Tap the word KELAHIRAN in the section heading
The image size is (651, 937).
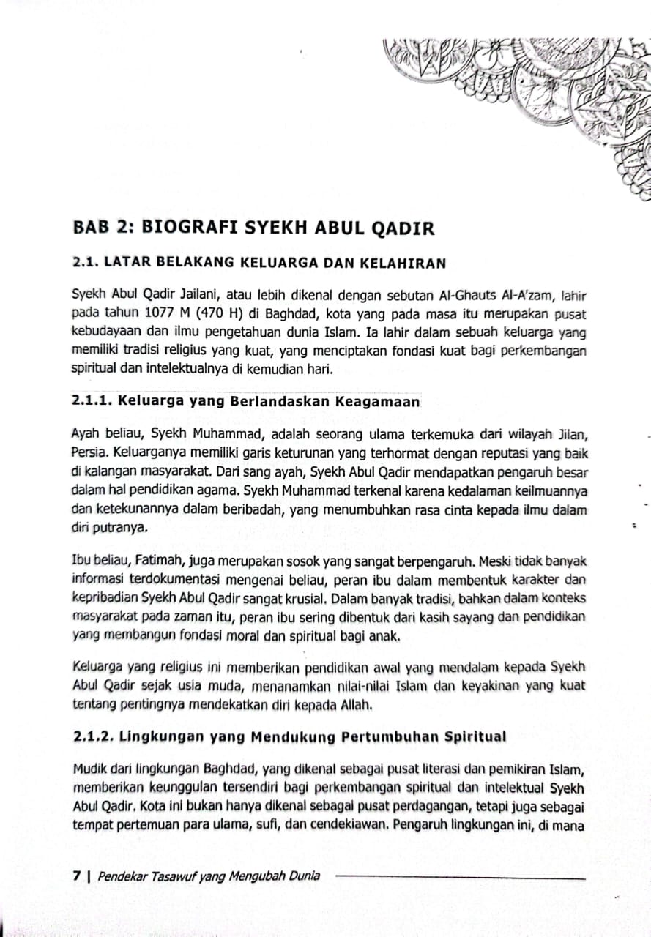409,263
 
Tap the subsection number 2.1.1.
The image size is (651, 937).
92,401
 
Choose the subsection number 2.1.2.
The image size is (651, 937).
93,736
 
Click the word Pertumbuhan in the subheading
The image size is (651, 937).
391,736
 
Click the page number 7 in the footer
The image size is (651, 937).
76,876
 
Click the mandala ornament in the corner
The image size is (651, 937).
557,95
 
